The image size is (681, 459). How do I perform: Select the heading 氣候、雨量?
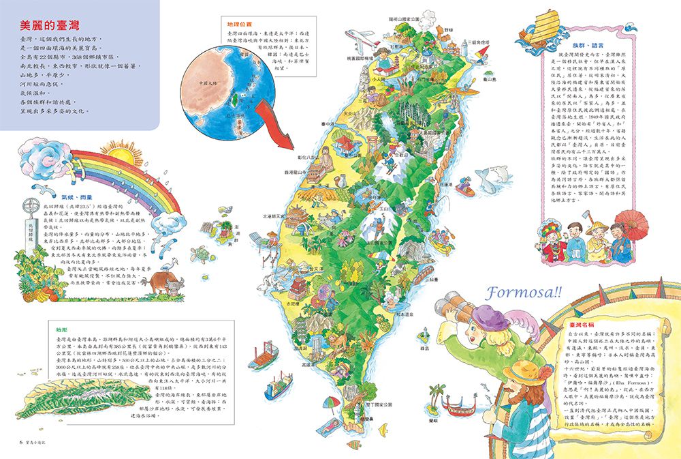(75, 193)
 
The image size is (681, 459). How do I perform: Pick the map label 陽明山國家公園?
(409, 19)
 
